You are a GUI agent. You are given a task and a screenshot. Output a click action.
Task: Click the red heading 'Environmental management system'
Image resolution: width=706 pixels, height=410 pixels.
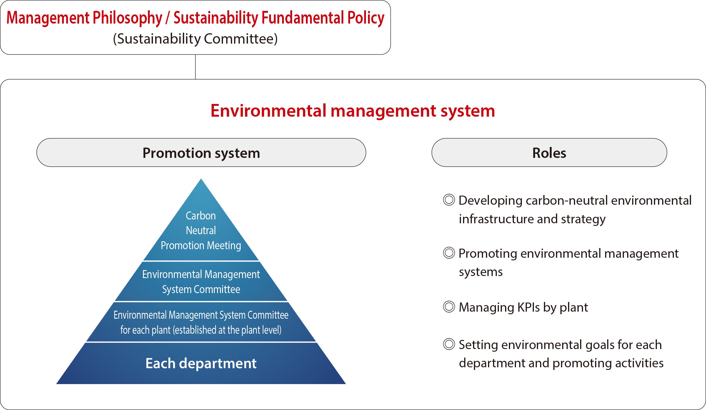(353, 111)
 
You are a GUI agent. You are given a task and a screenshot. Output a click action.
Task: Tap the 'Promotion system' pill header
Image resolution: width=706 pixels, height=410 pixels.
(201, 153)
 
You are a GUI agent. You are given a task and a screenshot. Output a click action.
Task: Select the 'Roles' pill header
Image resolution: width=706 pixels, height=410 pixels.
(549, 153)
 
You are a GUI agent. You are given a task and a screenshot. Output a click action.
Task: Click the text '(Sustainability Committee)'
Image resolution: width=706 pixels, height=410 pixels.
(195, 39)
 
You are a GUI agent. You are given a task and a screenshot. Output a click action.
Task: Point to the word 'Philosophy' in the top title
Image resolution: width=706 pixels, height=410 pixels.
(127, 18)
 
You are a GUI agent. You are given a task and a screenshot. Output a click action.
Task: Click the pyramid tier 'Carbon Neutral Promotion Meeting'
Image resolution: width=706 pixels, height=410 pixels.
(201, 224)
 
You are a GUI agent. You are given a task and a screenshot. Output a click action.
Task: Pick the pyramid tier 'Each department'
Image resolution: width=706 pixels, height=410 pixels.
(201, 363)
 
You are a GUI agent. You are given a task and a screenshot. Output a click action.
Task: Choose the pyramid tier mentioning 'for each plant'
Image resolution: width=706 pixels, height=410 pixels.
(201, 322)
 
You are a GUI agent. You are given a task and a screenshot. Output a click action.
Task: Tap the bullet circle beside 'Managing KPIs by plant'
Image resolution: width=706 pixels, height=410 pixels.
(449, 307)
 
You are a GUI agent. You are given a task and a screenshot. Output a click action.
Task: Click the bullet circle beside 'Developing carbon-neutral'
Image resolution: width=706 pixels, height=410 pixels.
(449, 200)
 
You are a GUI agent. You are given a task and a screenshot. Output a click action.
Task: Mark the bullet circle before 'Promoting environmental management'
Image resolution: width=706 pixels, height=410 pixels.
(449, 253)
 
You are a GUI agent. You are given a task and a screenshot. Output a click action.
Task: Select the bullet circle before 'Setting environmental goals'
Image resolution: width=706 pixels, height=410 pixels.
(449, 344)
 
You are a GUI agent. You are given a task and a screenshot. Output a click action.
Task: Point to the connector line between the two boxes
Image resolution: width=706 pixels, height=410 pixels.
(195, 67)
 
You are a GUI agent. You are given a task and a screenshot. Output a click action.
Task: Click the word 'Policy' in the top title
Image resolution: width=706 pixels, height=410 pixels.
(366, 18)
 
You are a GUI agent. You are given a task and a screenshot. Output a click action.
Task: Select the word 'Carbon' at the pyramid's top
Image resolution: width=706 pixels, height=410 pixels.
(201, 216)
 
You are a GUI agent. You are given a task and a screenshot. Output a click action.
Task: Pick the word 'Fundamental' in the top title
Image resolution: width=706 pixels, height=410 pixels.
(302, 18)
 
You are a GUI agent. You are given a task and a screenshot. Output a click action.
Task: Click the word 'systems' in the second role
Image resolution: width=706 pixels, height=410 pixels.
(481, 272)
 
